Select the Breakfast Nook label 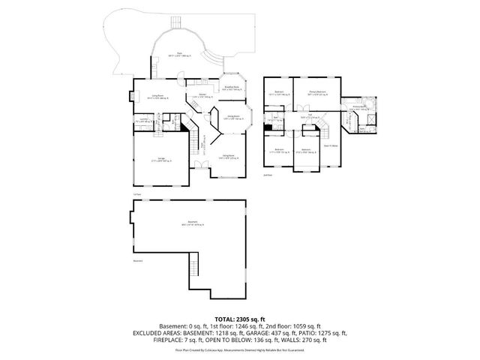(x=231, y=88)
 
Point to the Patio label (x=179, y=54)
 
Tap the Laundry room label (x=143, y=118)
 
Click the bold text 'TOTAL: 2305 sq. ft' (x=239, y=318)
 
